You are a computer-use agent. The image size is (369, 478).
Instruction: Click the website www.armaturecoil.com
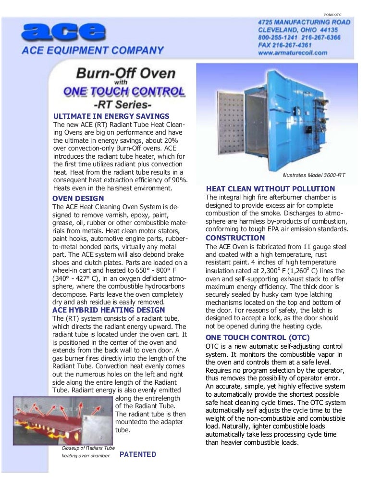tap(293, 52)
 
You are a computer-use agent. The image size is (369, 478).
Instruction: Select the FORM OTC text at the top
tap(335, 14)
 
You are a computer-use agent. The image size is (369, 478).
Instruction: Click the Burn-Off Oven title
tap(125, 75)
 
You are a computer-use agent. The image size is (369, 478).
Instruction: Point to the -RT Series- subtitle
tap(126, 103)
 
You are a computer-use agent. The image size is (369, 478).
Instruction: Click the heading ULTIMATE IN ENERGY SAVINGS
tap(111, 116)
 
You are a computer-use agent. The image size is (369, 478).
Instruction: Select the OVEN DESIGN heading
tap(78, 199)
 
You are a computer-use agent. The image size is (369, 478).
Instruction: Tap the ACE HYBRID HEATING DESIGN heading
tap(108, 310)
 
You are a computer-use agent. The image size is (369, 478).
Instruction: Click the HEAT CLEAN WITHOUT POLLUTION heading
tap(270, 189)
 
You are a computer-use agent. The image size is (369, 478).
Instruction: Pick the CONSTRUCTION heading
tap(235, 238)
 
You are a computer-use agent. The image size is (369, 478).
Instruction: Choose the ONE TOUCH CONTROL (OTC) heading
tap(258, 338)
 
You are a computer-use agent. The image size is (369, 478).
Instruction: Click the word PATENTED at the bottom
tap(137, 454)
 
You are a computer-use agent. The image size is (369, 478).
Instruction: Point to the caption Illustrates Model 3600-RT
tap(313, 176)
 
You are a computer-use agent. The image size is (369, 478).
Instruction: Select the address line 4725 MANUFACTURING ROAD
tap(304, 22)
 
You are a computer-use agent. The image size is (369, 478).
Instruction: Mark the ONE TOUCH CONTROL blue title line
tap(124, 91)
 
